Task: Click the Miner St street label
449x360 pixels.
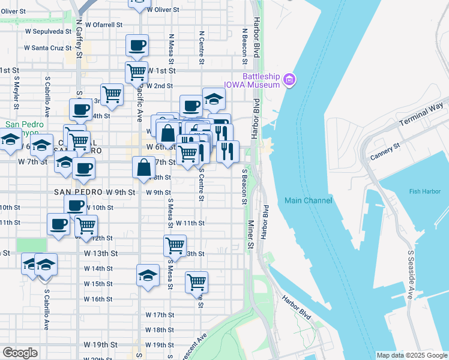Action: coord(250,233)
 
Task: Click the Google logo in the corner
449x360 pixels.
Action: coord(20,353)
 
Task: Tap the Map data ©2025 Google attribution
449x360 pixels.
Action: coord(412,355)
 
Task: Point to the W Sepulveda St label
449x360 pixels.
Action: coord(47,31)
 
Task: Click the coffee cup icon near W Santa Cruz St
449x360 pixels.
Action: coord(137,45)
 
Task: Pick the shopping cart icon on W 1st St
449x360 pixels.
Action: coord(137,71)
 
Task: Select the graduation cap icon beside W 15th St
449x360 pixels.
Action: coord(148,275)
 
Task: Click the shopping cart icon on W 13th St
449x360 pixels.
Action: coord(175,245)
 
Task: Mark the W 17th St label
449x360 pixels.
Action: coord(159,314)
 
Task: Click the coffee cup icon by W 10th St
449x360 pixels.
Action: coord(76,205)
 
